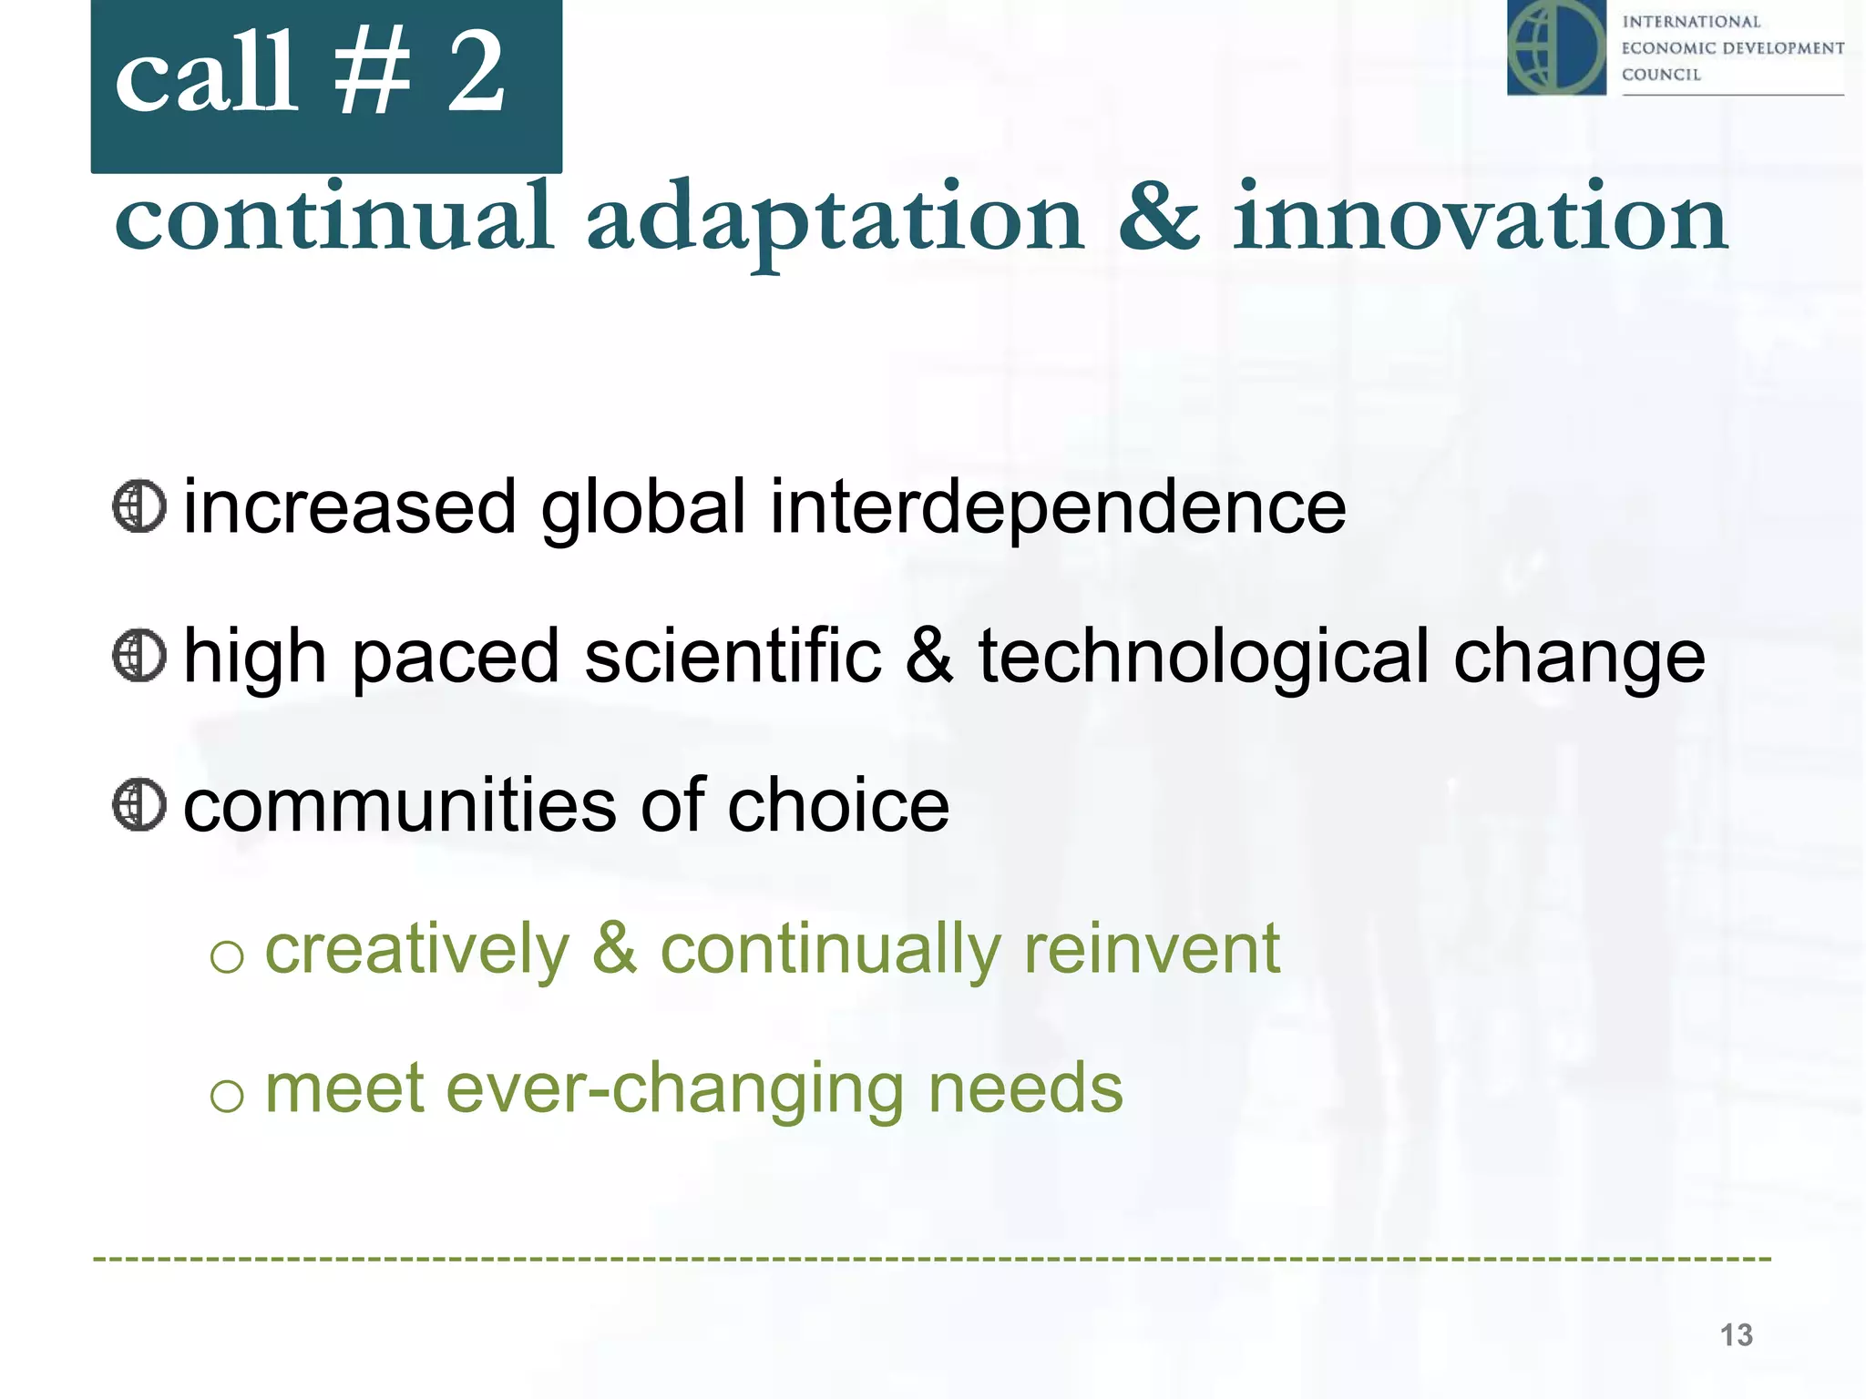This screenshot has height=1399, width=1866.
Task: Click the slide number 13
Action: pyautogui.click(x=1736, y=1335)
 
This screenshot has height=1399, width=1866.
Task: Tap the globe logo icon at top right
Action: pyautogui.click(x=1556, y=47)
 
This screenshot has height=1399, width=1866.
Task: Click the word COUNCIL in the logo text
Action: pyautogui.click(x=1661, y=75)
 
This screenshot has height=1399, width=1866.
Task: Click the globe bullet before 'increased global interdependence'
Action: pyautogui.click(x=139, y=506)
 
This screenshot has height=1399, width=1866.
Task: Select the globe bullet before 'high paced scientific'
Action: pyautogui.click(x=139, y=656)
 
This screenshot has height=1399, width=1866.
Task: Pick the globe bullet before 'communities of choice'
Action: pyautogui.click(x=139, y=804)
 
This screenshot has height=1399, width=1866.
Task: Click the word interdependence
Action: pyautogui.click(x=1058, y=507)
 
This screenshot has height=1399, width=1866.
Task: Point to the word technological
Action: pyautogui.click(x=1204, y=657)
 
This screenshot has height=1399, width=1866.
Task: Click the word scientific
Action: pyautogui.click(x=733, y=656)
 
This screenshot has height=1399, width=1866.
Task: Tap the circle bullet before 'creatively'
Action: pyautogui.click(x=227, y=955)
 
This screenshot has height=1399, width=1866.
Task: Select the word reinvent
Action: pyautogui.click(x=1152, y=949)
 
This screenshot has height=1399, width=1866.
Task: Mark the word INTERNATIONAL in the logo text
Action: pyautogui.click(x=1691, y=22)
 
